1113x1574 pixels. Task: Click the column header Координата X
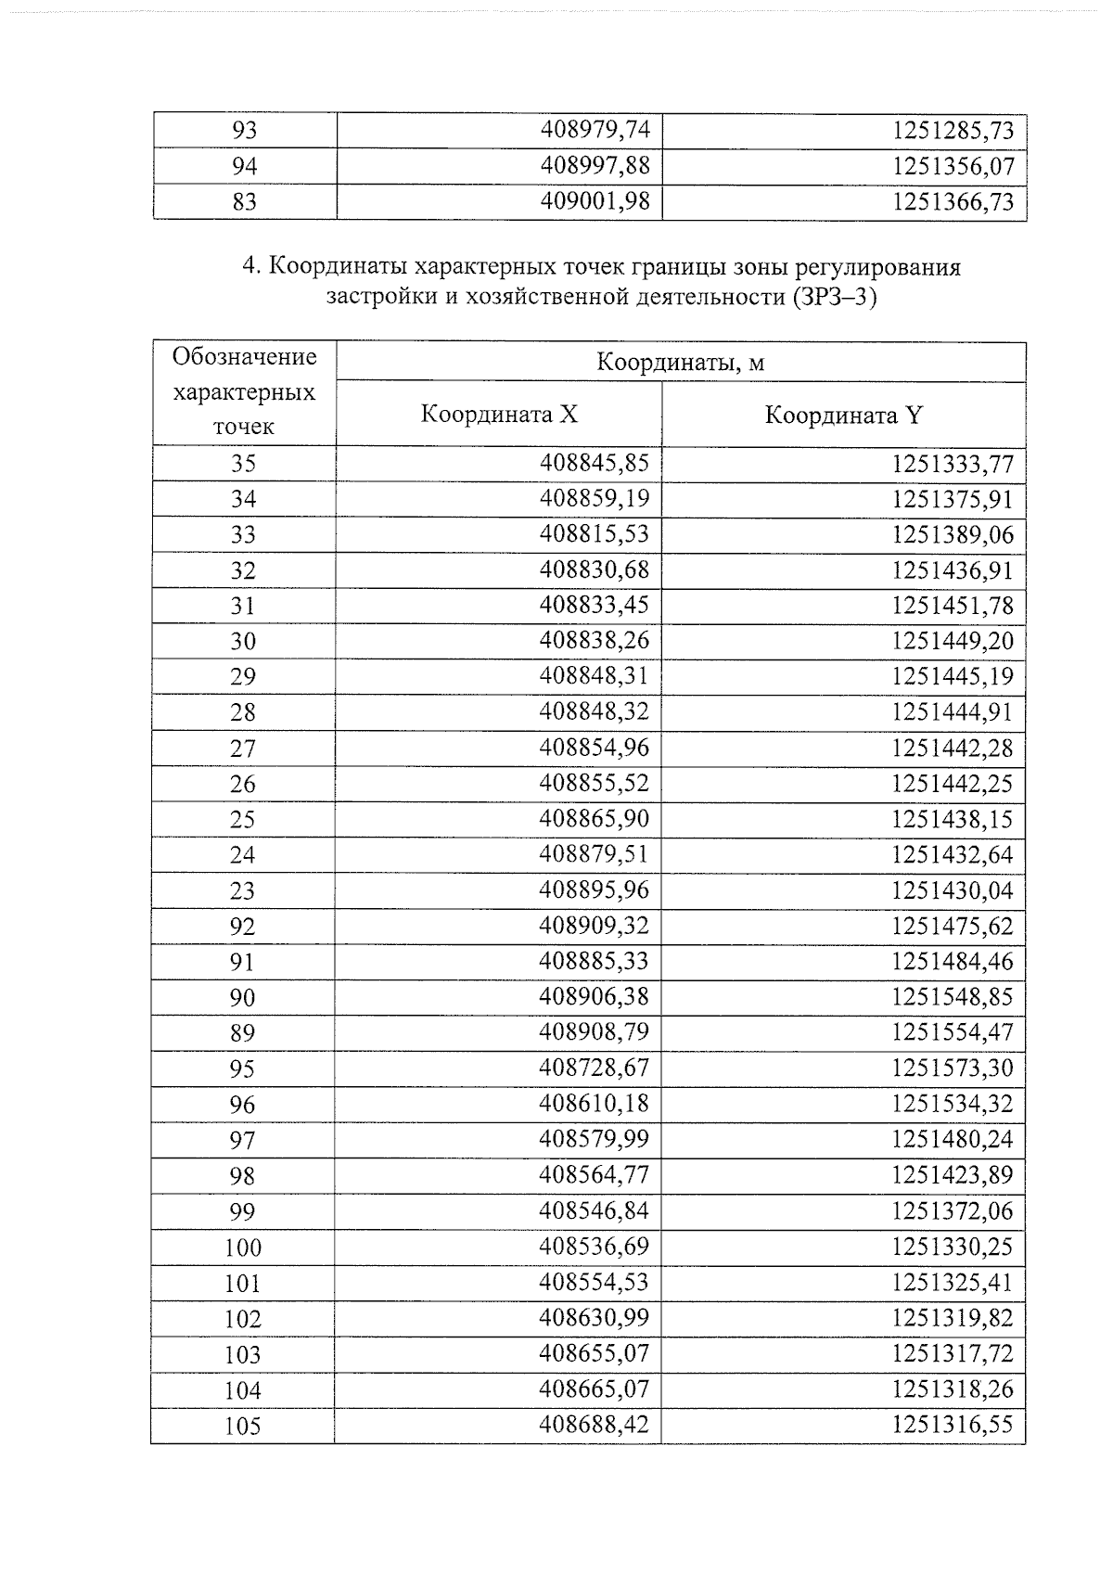click(499, 414)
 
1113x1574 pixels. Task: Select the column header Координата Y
click(843, 415)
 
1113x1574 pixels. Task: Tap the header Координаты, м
click(680, 362)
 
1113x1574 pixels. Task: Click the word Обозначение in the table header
click(245, 357)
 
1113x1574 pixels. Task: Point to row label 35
click(243, 464)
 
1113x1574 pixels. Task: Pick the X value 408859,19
click(595, 499)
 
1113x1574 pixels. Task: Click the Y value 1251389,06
click(953, 535)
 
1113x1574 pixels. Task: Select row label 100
click(243, 1248)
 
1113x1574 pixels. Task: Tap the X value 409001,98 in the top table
click(595, 201)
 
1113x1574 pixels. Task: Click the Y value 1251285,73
click(953, 130)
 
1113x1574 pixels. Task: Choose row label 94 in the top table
click(244, 166)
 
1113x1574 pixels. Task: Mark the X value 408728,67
click(595, 1069)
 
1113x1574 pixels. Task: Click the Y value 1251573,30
click(953, 1069)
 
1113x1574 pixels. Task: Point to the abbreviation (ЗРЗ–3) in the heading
click(834, 298)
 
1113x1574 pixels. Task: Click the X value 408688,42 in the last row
click(595, 1425)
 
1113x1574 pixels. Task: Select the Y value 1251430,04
click(953, 890)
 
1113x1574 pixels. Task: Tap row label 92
click(243, 927)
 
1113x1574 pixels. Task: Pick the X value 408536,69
click(595, 1247)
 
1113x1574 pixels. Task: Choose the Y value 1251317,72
click(953, 1353)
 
